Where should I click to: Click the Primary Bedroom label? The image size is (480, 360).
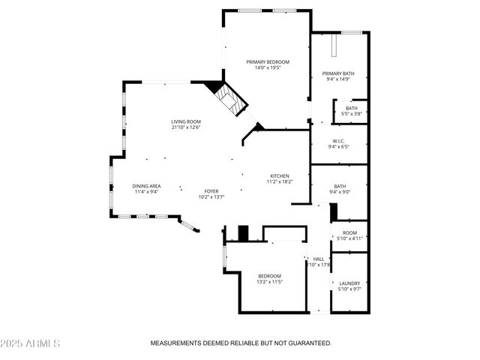[x=268, y=61]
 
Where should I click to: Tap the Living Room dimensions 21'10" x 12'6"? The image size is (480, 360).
[x=186, y=127]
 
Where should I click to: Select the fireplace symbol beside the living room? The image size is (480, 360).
[x=229, y=100]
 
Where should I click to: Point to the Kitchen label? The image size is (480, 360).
[x=280, y=175]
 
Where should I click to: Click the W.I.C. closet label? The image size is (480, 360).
[x=337, y=140]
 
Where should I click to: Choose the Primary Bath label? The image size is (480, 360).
[x=338, y=73]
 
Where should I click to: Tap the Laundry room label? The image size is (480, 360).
[x=349, y=283]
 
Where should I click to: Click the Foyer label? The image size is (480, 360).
[x=212, y=190]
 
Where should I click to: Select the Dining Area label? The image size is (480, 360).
[x=146, y=186]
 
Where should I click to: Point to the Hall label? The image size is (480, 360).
[x=318, y=259]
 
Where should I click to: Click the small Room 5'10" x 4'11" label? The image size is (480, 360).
[x=349, y=232]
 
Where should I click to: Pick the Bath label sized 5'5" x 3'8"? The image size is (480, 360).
[x=352, y=108]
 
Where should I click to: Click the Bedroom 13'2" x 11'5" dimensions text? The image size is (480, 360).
[x=269, y=282]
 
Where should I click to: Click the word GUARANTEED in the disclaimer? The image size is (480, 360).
[x=307, y=343]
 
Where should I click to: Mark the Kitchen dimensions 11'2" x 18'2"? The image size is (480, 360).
[x=280, y=181]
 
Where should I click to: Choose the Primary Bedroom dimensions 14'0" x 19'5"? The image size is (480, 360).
[x=268, y=67]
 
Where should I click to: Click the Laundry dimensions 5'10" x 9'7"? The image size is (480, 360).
[x=349, y=289]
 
